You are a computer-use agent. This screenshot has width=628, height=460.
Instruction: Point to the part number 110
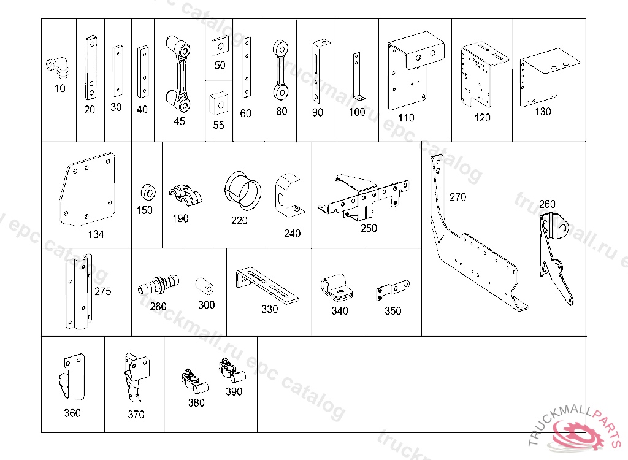[406, 118]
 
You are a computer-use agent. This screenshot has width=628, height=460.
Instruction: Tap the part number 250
[369, 228]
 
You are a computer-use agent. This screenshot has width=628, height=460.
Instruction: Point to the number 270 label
[458, 197]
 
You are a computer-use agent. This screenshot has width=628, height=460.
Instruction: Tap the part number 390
[234, 391]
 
